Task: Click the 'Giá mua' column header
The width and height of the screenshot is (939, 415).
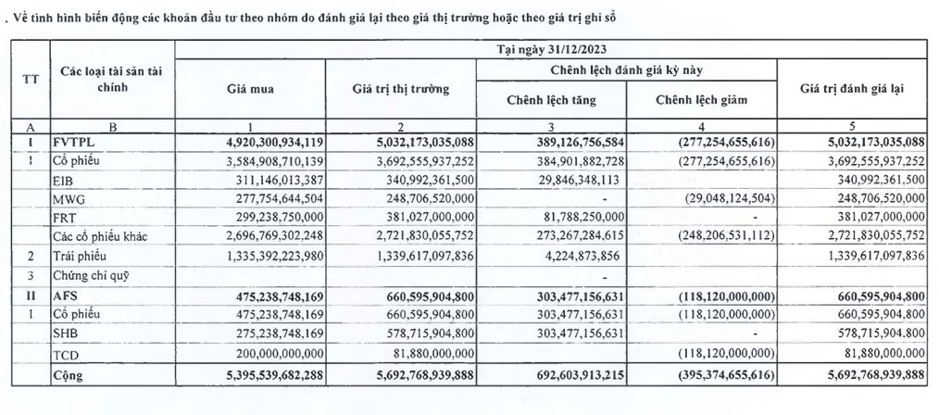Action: click(x=250, y=90)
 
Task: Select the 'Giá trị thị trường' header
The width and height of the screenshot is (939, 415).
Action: click(x=400, y=90)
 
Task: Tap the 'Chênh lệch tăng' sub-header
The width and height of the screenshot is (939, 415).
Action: click(x=551, y=100)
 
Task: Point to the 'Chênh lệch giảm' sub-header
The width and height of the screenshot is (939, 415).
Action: click(x=701, y=100)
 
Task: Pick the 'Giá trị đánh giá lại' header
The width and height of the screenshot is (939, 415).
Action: click(x=852, y=90)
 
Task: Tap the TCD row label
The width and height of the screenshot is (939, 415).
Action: click(x=65, y=356)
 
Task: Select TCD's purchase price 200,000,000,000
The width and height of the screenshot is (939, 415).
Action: click(x=267, y=356)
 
